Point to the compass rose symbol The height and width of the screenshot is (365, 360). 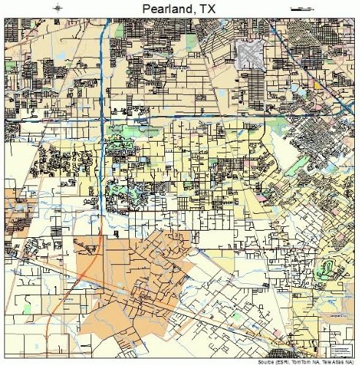[58, 8]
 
